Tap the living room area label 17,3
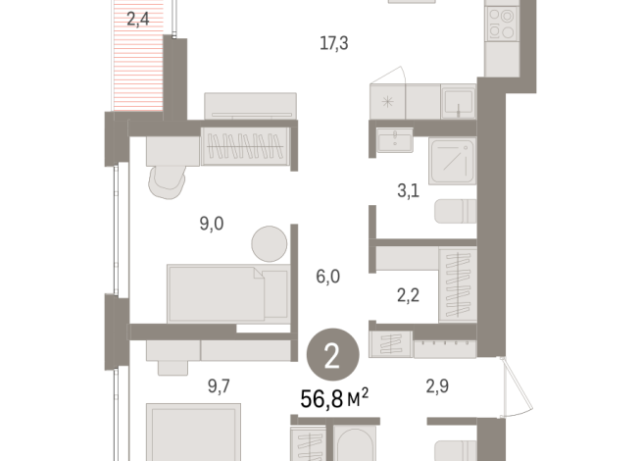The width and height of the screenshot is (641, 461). click(334, 43)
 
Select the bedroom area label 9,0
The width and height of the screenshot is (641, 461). click(212, 224)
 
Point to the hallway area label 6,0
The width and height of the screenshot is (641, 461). click(327, 278)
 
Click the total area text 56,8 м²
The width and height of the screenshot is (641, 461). click(334, 396)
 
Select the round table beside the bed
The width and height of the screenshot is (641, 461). click(269, 241)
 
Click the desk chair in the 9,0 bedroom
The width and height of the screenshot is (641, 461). click(169, 179)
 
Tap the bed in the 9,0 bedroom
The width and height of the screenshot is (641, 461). click(227, 292)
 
